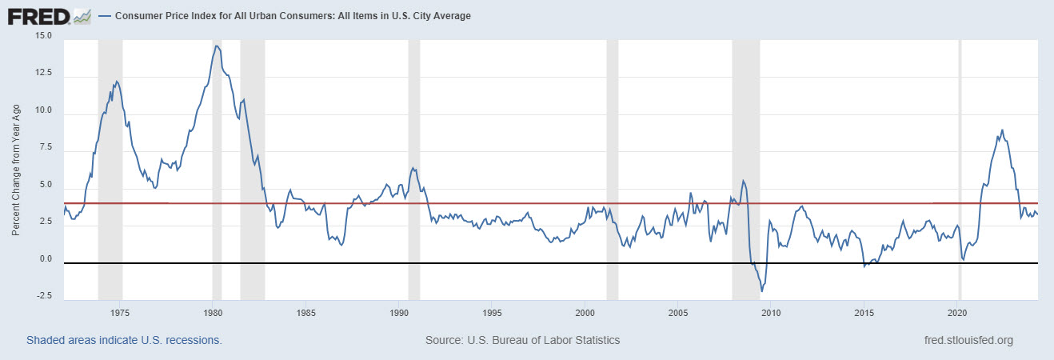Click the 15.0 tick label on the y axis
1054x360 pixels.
42,36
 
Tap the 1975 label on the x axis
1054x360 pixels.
120,312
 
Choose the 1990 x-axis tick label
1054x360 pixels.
399,312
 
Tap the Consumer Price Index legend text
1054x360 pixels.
293,16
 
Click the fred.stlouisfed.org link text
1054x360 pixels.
968,340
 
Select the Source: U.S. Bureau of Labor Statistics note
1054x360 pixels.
522,340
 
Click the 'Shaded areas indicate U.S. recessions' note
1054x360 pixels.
124,340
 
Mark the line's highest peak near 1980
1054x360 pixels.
216,46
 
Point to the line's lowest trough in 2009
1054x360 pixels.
762,291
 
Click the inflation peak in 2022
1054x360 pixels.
1002,130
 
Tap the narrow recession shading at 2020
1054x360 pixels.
960,160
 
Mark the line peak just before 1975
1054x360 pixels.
117,82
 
